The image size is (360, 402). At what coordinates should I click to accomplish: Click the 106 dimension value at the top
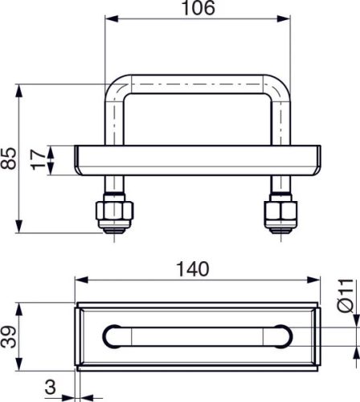pyautogui.click(x=198, y=9)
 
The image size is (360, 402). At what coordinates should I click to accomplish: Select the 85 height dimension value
pyautogui.click(x=9, y=158)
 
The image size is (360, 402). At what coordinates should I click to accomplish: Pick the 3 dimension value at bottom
pyautogui.click(x=50, y=389)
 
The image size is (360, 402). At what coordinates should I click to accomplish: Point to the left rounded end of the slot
pyautogui.click(x=111, y=335)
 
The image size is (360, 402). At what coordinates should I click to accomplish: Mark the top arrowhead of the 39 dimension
pyautogui.click(x=18, y=307)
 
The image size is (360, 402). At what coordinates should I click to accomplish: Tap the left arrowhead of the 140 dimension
pyautogui.click(x=79, y=280)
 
